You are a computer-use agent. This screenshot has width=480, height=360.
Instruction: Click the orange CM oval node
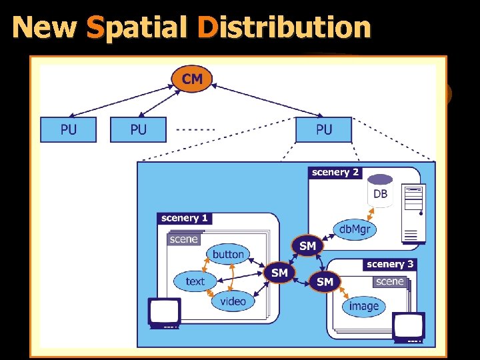(192, 79)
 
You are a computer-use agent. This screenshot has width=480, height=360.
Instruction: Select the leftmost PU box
(68, 129)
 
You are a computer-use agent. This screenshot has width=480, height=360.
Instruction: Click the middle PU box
(138, 129)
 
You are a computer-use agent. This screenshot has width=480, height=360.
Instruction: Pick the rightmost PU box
(323, 129)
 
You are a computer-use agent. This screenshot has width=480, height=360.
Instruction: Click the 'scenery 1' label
(185, 218)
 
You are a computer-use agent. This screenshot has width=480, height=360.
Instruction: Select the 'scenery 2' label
(335, 172)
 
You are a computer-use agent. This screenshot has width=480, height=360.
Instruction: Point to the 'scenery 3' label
(389, 264)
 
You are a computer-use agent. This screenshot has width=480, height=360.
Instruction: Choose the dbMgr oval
(354, 230)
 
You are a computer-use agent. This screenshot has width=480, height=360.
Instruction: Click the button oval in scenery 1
(228, 254)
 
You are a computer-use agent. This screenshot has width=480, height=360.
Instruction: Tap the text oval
(195, 281)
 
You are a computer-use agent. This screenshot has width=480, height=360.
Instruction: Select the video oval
(233, 301)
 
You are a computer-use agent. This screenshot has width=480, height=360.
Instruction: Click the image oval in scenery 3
(364, 306)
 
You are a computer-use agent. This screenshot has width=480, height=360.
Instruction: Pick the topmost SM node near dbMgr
(307, 246)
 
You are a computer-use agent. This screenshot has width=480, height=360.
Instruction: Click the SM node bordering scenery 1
(279, 273)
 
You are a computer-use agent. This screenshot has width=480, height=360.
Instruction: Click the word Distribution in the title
(284, 27)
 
